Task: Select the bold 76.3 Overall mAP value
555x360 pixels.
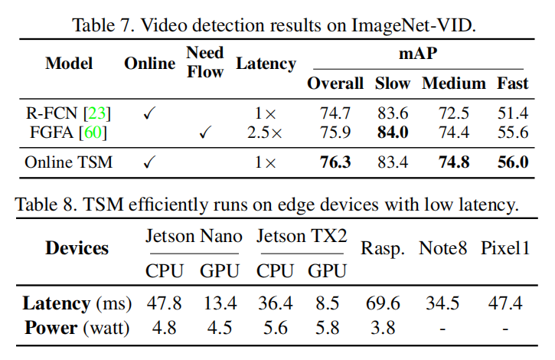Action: click(335, 162)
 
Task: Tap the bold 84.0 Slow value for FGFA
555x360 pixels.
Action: click(393, 133)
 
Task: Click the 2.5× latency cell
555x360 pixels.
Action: click(265, 133)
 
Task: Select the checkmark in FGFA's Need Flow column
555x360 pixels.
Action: click(204, 133)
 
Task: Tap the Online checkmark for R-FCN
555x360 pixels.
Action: click(149, 114)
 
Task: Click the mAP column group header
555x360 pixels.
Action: click(417, 55)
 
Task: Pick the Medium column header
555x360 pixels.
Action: click(453, 83)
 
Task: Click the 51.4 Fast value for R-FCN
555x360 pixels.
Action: click(512, 114)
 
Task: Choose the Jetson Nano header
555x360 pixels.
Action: click(194, 236)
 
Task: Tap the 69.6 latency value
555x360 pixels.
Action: click(383, 303)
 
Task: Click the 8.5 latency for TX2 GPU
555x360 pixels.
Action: click(327, 303)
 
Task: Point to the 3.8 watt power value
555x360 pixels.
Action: click(383, 328)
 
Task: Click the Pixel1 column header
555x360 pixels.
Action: click(505, 248)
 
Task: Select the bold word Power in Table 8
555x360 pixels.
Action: click(51, 328)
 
